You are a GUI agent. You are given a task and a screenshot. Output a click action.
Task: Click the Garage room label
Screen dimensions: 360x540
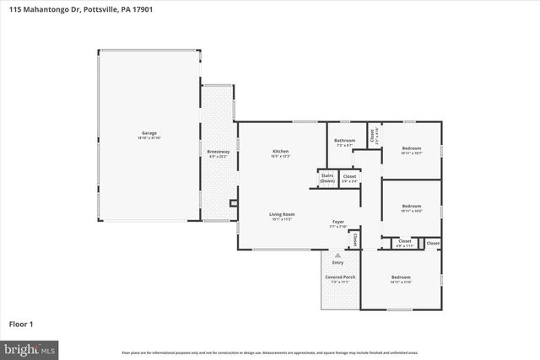point(148,133)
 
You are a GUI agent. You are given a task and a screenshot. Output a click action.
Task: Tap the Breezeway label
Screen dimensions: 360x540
point(218,152)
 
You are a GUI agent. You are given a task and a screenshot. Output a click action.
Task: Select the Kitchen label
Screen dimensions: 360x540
point(280,151)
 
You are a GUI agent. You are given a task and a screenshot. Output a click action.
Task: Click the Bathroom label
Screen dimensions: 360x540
point(344,141)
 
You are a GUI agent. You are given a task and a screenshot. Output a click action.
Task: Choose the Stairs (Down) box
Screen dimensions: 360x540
point(327,178)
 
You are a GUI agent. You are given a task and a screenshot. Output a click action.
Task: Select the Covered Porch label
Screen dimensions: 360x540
point(340,277)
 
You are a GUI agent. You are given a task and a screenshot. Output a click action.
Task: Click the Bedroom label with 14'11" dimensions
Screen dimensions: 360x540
point(400,277)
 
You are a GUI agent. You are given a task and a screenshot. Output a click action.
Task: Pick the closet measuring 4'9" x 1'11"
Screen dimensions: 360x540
point(400,243)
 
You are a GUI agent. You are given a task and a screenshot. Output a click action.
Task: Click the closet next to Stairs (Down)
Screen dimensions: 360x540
point(349,178)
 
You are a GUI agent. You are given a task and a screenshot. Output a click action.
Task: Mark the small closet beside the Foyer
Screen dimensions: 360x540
point(355,239)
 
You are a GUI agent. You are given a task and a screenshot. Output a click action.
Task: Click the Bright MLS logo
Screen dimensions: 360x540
point(30,347)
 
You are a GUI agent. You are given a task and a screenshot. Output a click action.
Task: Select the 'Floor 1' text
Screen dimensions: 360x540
point(21,323)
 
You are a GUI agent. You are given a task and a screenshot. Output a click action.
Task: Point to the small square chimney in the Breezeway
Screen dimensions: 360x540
point(233,202)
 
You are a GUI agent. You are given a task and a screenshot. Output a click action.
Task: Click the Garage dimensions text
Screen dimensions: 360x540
point(148,137)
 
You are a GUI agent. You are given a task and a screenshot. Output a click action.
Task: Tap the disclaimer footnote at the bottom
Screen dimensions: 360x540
point(269,352)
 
